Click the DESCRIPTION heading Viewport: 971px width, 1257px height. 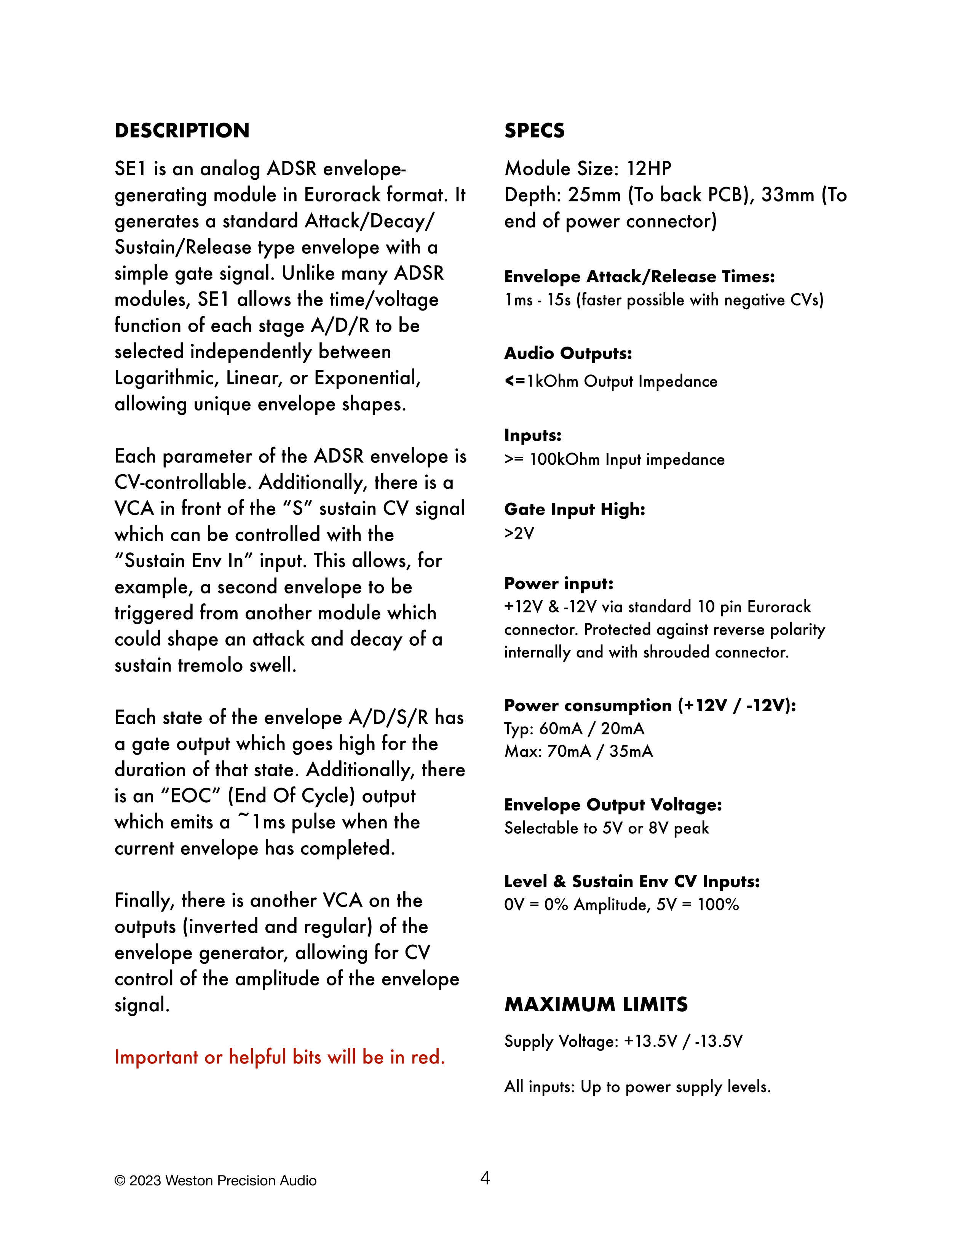pos(182,131)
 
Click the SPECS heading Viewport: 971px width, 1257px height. pos(534,131)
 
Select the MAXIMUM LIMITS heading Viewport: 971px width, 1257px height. pos(596,1004)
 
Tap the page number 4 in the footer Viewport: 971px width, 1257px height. pos(485,1178)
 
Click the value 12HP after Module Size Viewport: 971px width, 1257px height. pos(649,169)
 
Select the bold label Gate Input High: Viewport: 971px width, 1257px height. pos(575,509)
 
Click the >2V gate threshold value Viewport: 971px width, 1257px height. pos(519,534)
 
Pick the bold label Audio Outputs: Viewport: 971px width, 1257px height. pos(568,353)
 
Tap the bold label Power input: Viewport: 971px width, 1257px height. pos(559,584)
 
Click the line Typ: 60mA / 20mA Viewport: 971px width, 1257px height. pos(574,729)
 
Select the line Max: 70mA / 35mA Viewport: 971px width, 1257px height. pos(578,752)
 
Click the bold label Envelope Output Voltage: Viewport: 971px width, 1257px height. pos(613,804)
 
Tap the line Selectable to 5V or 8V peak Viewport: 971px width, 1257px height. pos(606,828)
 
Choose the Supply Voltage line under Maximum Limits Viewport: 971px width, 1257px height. pos(623,1041)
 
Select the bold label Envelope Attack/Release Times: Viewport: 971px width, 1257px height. pos(639,277)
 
